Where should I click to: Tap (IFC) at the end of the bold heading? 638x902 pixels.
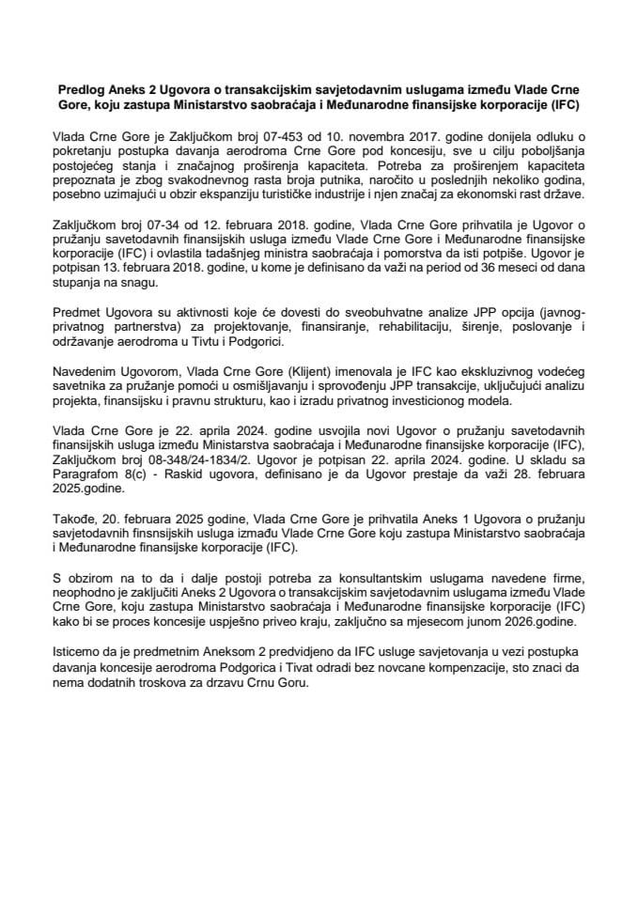[x=563, y=103]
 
